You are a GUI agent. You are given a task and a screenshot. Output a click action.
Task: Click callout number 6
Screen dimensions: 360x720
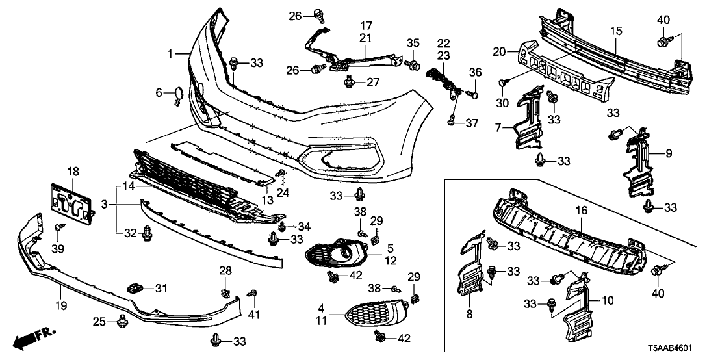tap(159, 93)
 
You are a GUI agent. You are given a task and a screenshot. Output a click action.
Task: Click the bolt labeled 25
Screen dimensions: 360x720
tap(122, 320)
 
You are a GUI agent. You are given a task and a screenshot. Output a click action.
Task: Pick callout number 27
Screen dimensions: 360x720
tap(372, 83)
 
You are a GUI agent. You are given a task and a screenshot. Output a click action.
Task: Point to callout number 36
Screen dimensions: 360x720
tap(475, 72)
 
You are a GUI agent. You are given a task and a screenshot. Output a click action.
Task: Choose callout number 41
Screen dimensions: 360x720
tap(253, 316)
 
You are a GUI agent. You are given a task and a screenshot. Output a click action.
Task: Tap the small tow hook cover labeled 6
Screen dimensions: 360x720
tap(177, 96)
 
